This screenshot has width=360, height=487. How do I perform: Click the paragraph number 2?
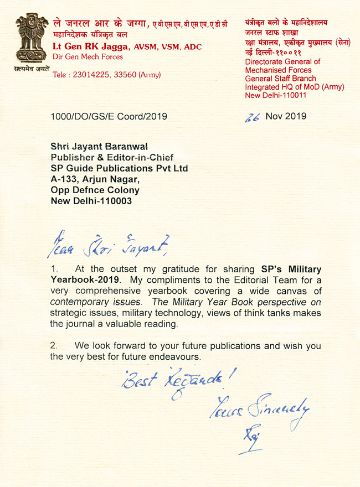(53, 346)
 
